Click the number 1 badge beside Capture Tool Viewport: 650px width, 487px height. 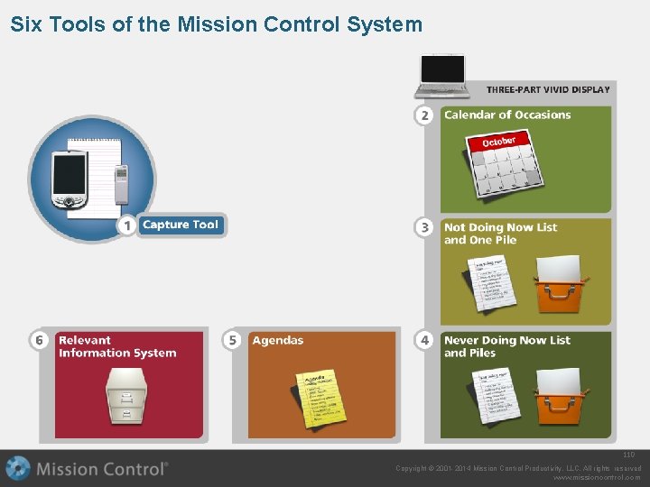click(x=127, y=225)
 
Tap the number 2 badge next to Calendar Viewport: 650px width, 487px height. click(x=424, y=115)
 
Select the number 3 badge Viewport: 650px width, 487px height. click(x=424, y=227)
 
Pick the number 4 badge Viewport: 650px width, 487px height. click(x=424, y=340)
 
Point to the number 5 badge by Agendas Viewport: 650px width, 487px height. click(x=233, y=340)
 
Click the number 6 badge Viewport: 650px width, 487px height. click(x=39, y=340)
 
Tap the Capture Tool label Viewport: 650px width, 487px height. click(x=181, y=225)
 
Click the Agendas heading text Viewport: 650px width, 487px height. click(x=278, y=340)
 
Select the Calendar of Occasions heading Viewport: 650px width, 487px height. click(x=507, y=115)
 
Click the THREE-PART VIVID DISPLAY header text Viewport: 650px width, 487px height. click(x=548, y=89)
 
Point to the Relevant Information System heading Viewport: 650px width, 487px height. click(x=117, y=346)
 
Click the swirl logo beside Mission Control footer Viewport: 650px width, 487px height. click(x=18, y=468)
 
